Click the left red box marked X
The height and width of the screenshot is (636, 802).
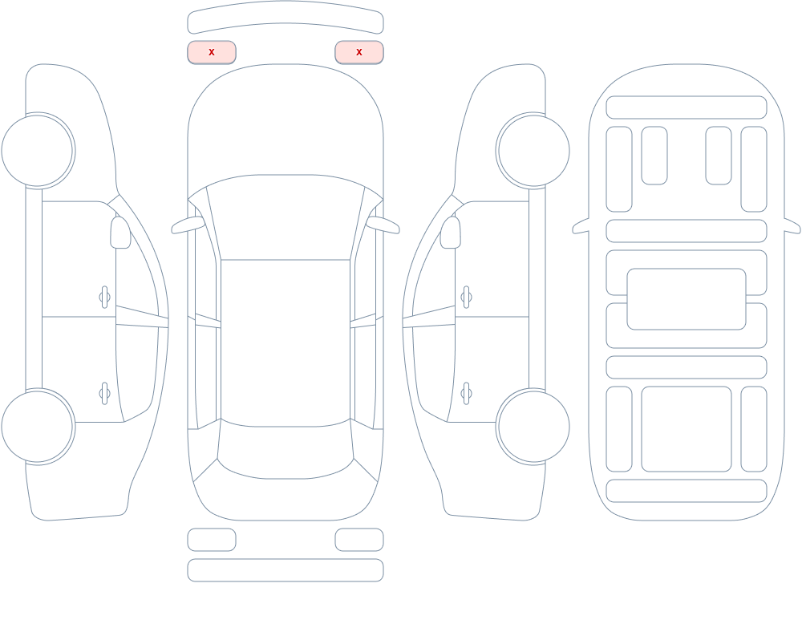pos(212,52)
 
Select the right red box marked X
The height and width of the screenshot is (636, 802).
pos(359,52)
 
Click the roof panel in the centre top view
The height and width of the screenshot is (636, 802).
pos(286,342)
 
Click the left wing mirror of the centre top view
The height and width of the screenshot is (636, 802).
pos(188,225)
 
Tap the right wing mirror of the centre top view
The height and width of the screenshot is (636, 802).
pos(383,225)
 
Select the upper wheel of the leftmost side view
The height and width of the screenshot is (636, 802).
pos(38,151)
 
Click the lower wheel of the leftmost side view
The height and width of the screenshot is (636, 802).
pos(38,426)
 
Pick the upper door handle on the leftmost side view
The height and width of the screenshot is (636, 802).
pos(104,297)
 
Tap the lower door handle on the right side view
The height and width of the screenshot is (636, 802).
pos(466,394)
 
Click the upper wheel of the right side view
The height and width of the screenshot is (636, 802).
pos(533,151)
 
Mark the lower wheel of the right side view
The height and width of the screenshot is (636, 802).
pos(533,426)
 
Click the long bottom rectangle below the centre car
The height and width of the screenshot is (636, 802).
pos(286,570)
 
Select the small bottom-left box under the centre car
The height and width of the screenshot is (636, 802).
pos(212,540)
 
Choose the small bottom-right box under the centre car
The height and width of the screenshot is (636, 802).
pos(359,540)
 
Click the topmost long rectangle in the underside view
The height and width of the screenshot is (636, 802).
pos(687,107)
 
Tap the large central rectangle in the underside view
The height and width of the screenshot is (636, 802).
pos(687,299)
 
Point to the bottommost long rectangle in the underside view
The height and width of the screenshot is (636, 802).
pos(687,491)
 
